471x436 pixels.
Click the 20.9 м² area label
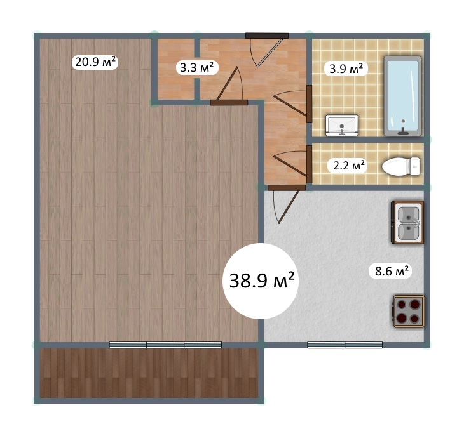click(x=95, y=62)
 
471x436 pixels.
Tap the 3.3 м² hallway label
click(x=197, y=68)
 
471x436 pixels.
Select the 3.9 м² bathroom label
click(x=346, y=69)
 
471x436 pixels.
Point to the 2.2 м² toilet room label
click(x=349, y=165)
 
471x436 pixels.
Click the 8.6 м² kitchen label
click(x=392, y=271)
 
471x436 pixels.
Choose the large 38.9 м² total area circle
click(x=261, y=281)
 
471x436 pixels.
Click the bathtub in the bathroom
click(x=402, y=96)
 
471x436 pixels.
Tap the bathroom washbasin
click(x=342, y=125)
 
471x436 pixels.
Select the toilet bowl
click(x=401, y=166)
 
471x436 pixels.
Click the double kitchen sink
click(x=407, y=222)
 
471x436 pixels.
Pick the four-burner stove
click(x=409, y=311)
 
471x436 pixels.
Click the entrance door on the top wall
click(x=267, y=50)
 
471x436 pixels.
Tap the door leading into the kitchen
click(x=285, y=204)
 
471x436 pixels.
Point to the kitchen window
click(x=345, y=345)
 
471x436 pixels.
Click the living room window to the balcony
click(x=165, y=345)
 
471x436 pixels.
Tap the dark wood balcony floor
click(x=149, y=373)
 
